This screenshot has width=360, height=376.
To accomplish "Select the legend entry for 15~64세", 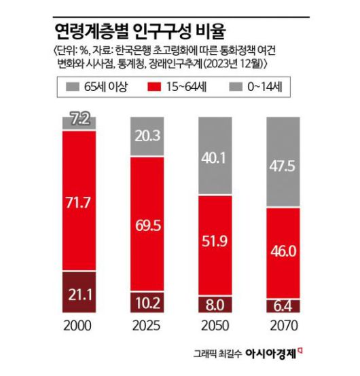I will click(181, 88).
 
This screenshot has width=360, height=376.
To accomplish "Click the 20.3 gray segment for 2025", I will click(147, 136).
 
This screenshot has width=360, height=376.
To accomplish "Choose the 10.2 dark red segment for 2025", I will click(147, 303).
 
